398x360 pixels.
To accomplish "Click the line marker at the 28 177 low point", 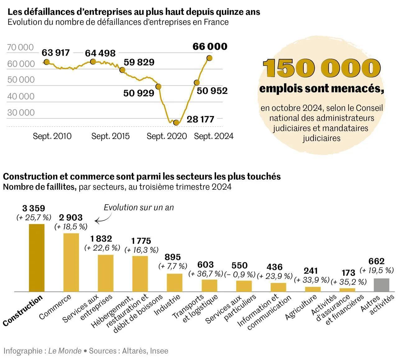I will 176,122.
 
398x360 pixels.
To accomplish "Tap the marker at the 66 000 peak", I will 210,58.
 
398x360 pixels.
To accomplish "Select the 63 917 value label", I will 56,53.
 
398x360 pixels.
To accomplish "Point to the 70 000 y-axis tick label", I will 20,47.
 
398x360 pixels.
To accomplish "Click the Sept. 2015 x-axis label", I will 110,136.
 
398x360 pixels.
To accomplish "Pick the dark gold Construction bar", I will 37,258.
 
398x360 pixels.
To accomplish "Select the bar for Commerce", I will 71,262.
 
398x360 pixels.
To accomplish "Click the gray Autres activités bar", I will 382,285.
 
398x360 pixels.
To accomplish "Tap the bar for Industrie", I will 174,283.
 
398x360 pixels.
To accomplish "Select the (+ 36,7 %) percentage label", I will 206,274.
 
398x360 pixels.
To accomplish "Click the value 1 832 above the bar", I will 101,238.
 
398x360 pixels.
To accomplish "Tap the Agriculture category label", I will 301,308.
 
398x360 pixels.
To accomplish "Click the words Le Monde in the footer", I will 65,351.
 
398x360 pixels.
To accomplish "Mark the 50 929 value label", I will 139,93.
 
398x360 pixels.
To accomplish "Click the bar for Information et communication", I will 278,287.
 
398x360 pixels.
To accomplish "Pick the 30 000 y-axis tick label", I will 21,113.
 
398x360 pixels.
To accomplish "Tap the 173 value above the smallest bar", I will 348,273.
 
